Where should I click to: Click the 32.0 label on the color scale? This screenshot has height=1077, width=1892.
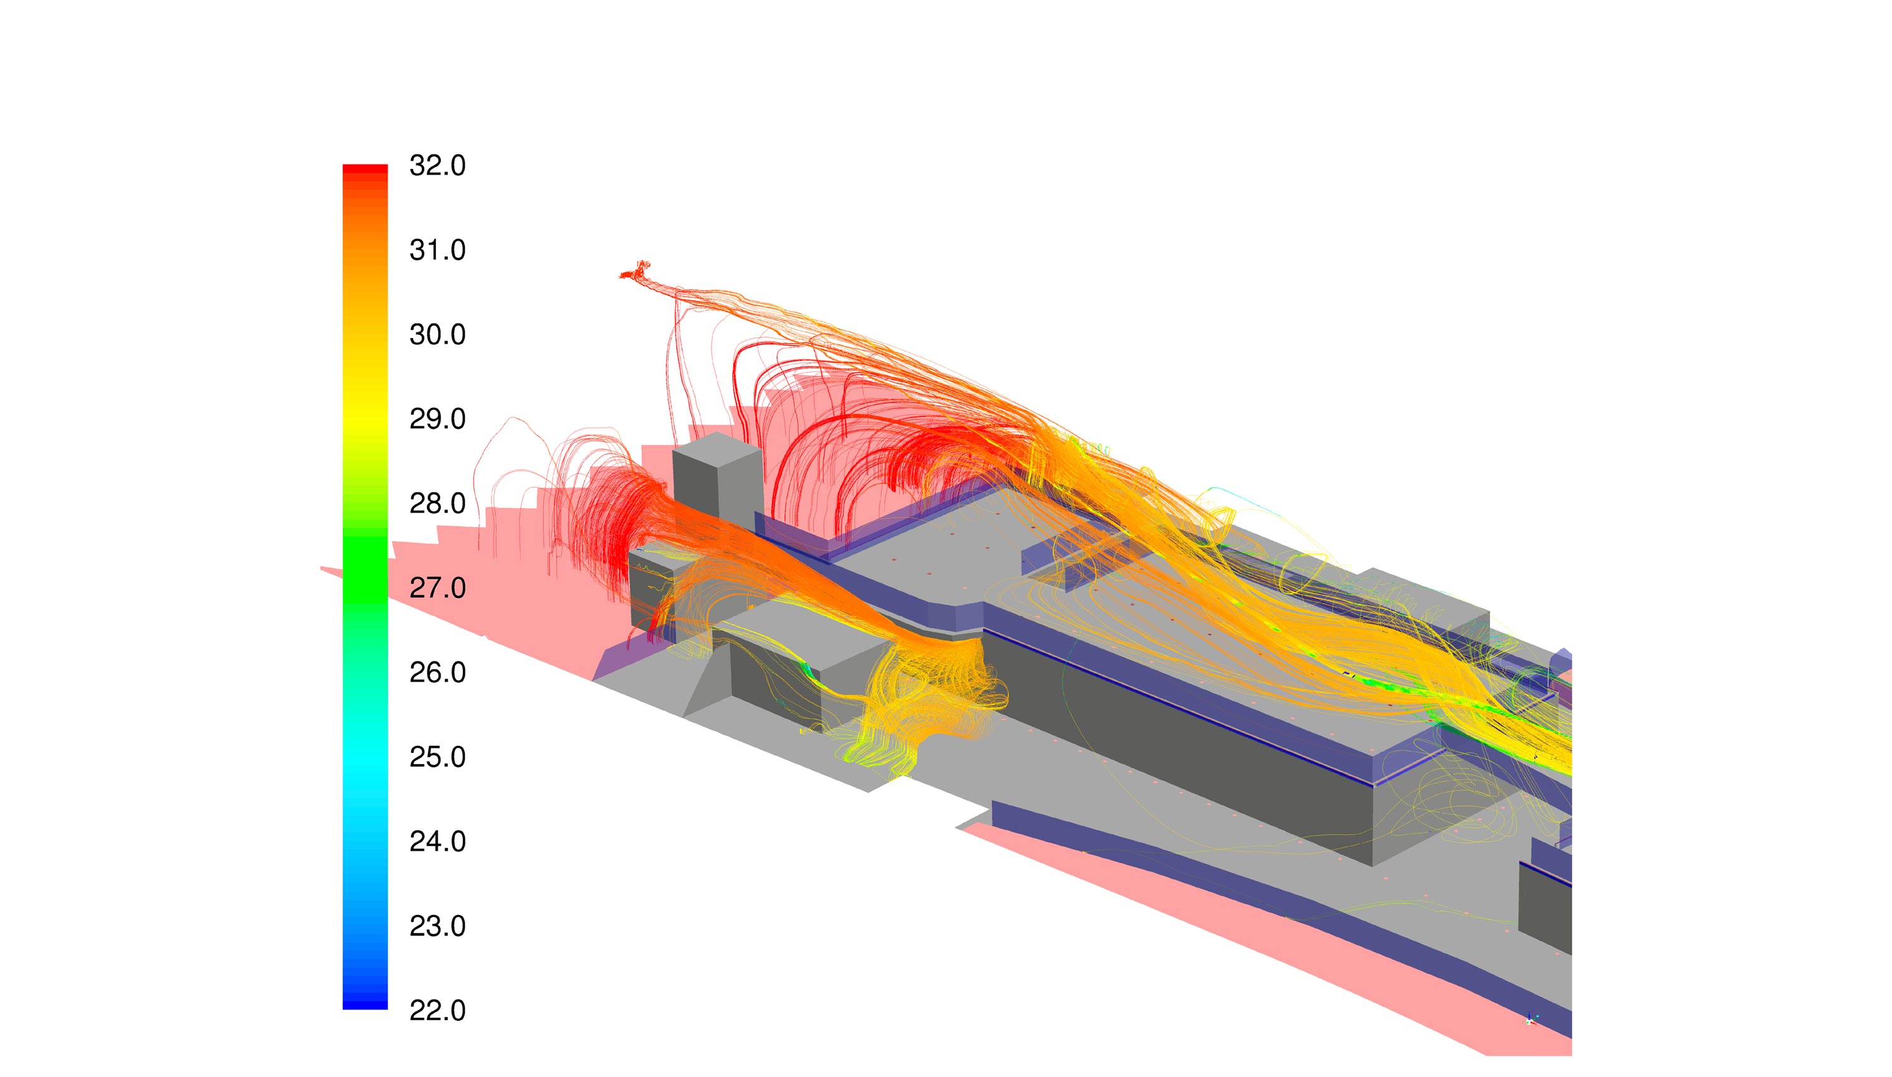437,166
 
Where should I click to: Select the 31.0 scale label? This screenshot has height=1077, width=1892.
437,250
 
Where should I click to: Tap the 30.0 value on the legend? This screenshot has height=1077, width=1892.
437,334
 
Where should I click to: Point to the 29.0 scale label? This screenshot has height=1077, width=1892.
437,419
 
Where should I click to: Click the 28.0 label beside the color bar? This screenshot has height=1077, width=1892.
437,503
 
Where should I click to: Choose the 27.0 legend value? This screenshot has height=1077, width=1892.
437,588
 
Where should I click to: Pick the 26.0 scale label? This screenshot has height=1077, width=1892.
437,672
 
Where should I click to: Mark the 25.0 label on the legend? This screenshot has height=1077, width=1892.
437,757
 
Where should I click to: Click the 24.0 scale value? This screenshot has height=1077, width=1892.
437,841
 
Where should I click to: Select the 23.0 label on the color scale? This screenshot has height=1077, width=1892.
437,926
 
